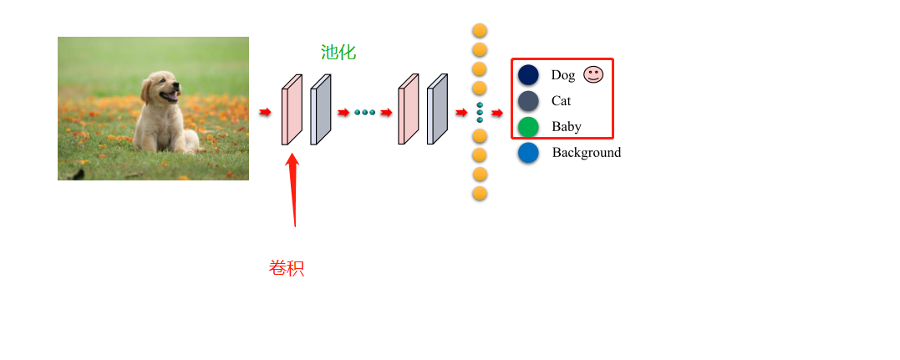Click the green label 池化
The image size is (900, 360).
pos(338,53)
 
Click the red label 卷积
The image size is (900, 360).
pos(287,268)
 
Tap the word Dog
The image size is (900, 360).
pos(563,75)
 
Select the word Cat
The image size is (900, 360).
pos(562,101)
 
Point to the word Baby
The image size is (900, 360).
pos(567,127)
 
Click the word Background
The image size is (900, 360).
pos(587,153)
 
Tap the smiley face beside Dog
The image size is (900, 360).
pos(593,74)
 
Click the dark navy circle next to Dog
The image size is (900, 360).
pos(528,75)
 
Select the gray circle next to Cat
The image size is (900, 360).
pos(528,101)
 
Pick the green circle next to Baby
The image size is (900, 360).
pos(528,127)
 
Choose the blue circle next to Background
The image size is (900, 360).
pos(528,153)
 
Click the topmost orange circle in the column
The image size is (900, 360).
pos(480,31)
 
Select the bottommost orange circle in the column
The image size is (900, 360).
pos(480,194)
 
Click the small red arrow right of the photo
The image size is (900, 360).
pos(265,113)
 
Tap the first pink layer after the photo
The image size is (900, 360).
pos(291,109)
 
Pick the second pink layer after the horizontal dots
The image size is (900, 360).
pos(408,109)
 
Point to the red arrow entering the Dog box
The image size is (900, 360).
pos(497,113)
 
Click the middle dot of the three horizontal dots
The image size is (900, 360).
pos(365,112)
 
